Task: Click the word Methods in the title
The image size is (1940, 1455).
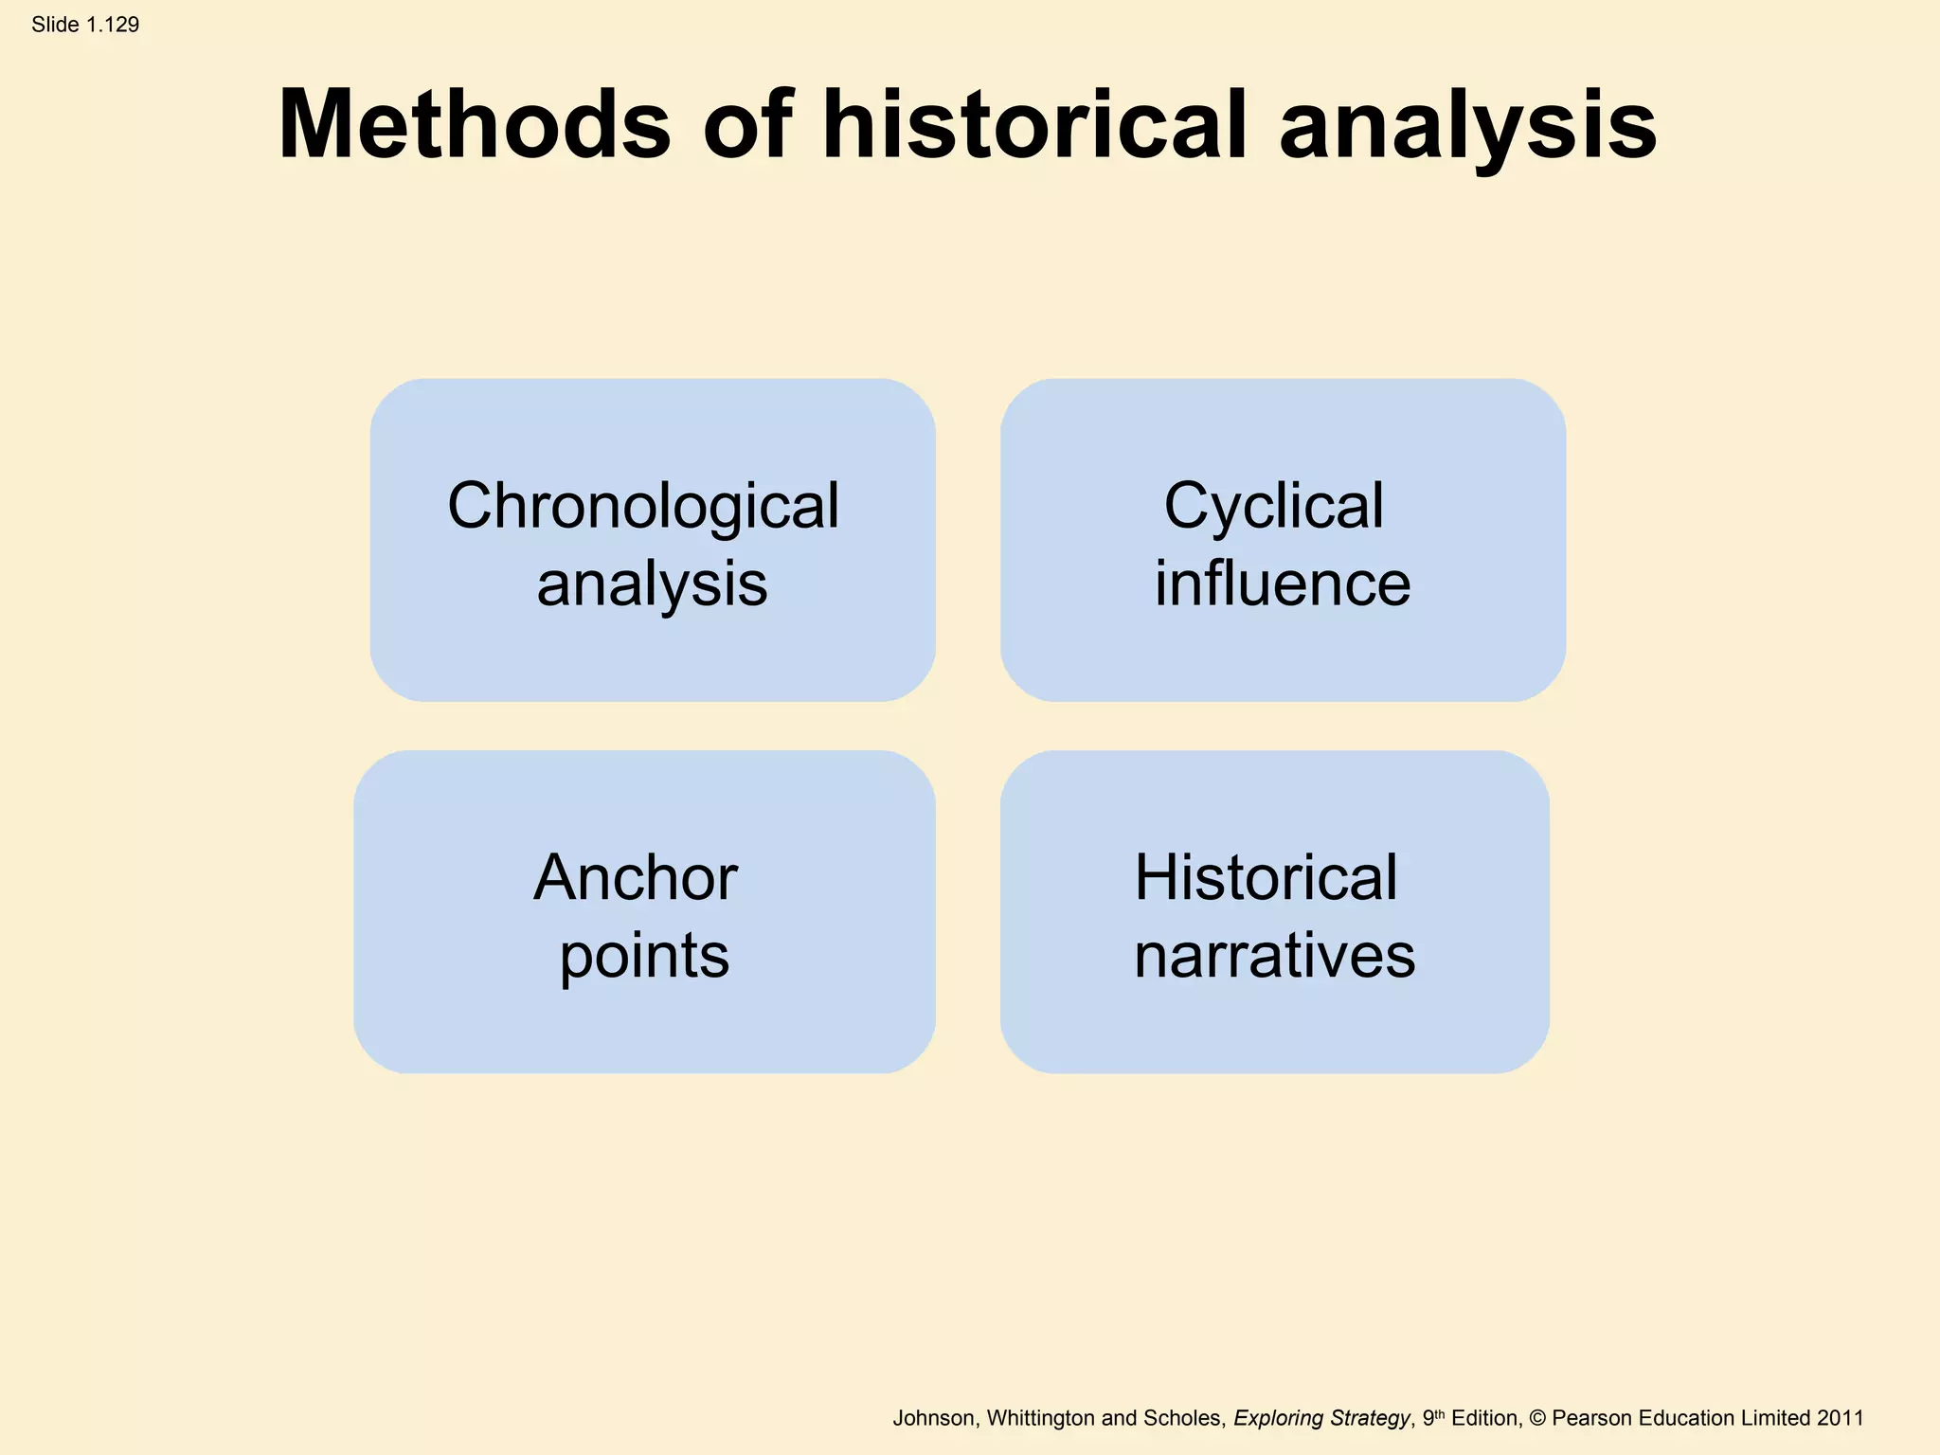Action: (x=475, y=125)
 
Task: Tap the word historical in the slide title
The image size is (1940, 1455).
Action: (x=1034, y=125)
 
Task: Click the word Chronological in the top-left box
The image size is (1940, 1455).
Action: (x=643, y=506)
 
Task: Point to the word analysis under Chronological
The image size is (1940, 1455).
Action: (x=652, y=584)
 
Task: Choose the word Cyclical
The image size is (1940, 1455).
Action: (x=1273, y=508)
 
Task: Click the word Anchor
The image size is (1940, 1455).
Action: (x=636, y=877)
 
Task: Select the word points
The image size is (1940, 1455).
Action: (x=644, y=957)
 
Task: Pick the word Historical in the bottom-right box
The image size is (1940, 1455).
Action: (x=1266, y=877)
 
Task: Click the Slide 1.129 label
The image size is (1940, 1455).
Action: (x=85, y=25)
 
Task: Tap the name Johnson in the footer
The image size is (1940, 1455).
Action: (x=933, y=1418)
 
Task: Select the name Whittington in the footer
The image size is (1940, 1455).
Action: (x=1041, y=1418)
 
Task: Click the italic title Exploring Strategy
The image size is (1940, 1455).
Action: (x=1321, y=1418)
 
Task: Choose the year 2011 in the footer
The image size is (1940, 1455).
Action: (x=1840, y=1418)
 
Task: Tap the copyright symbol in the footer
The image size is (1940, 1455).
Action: (x=1536, y=1418)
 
